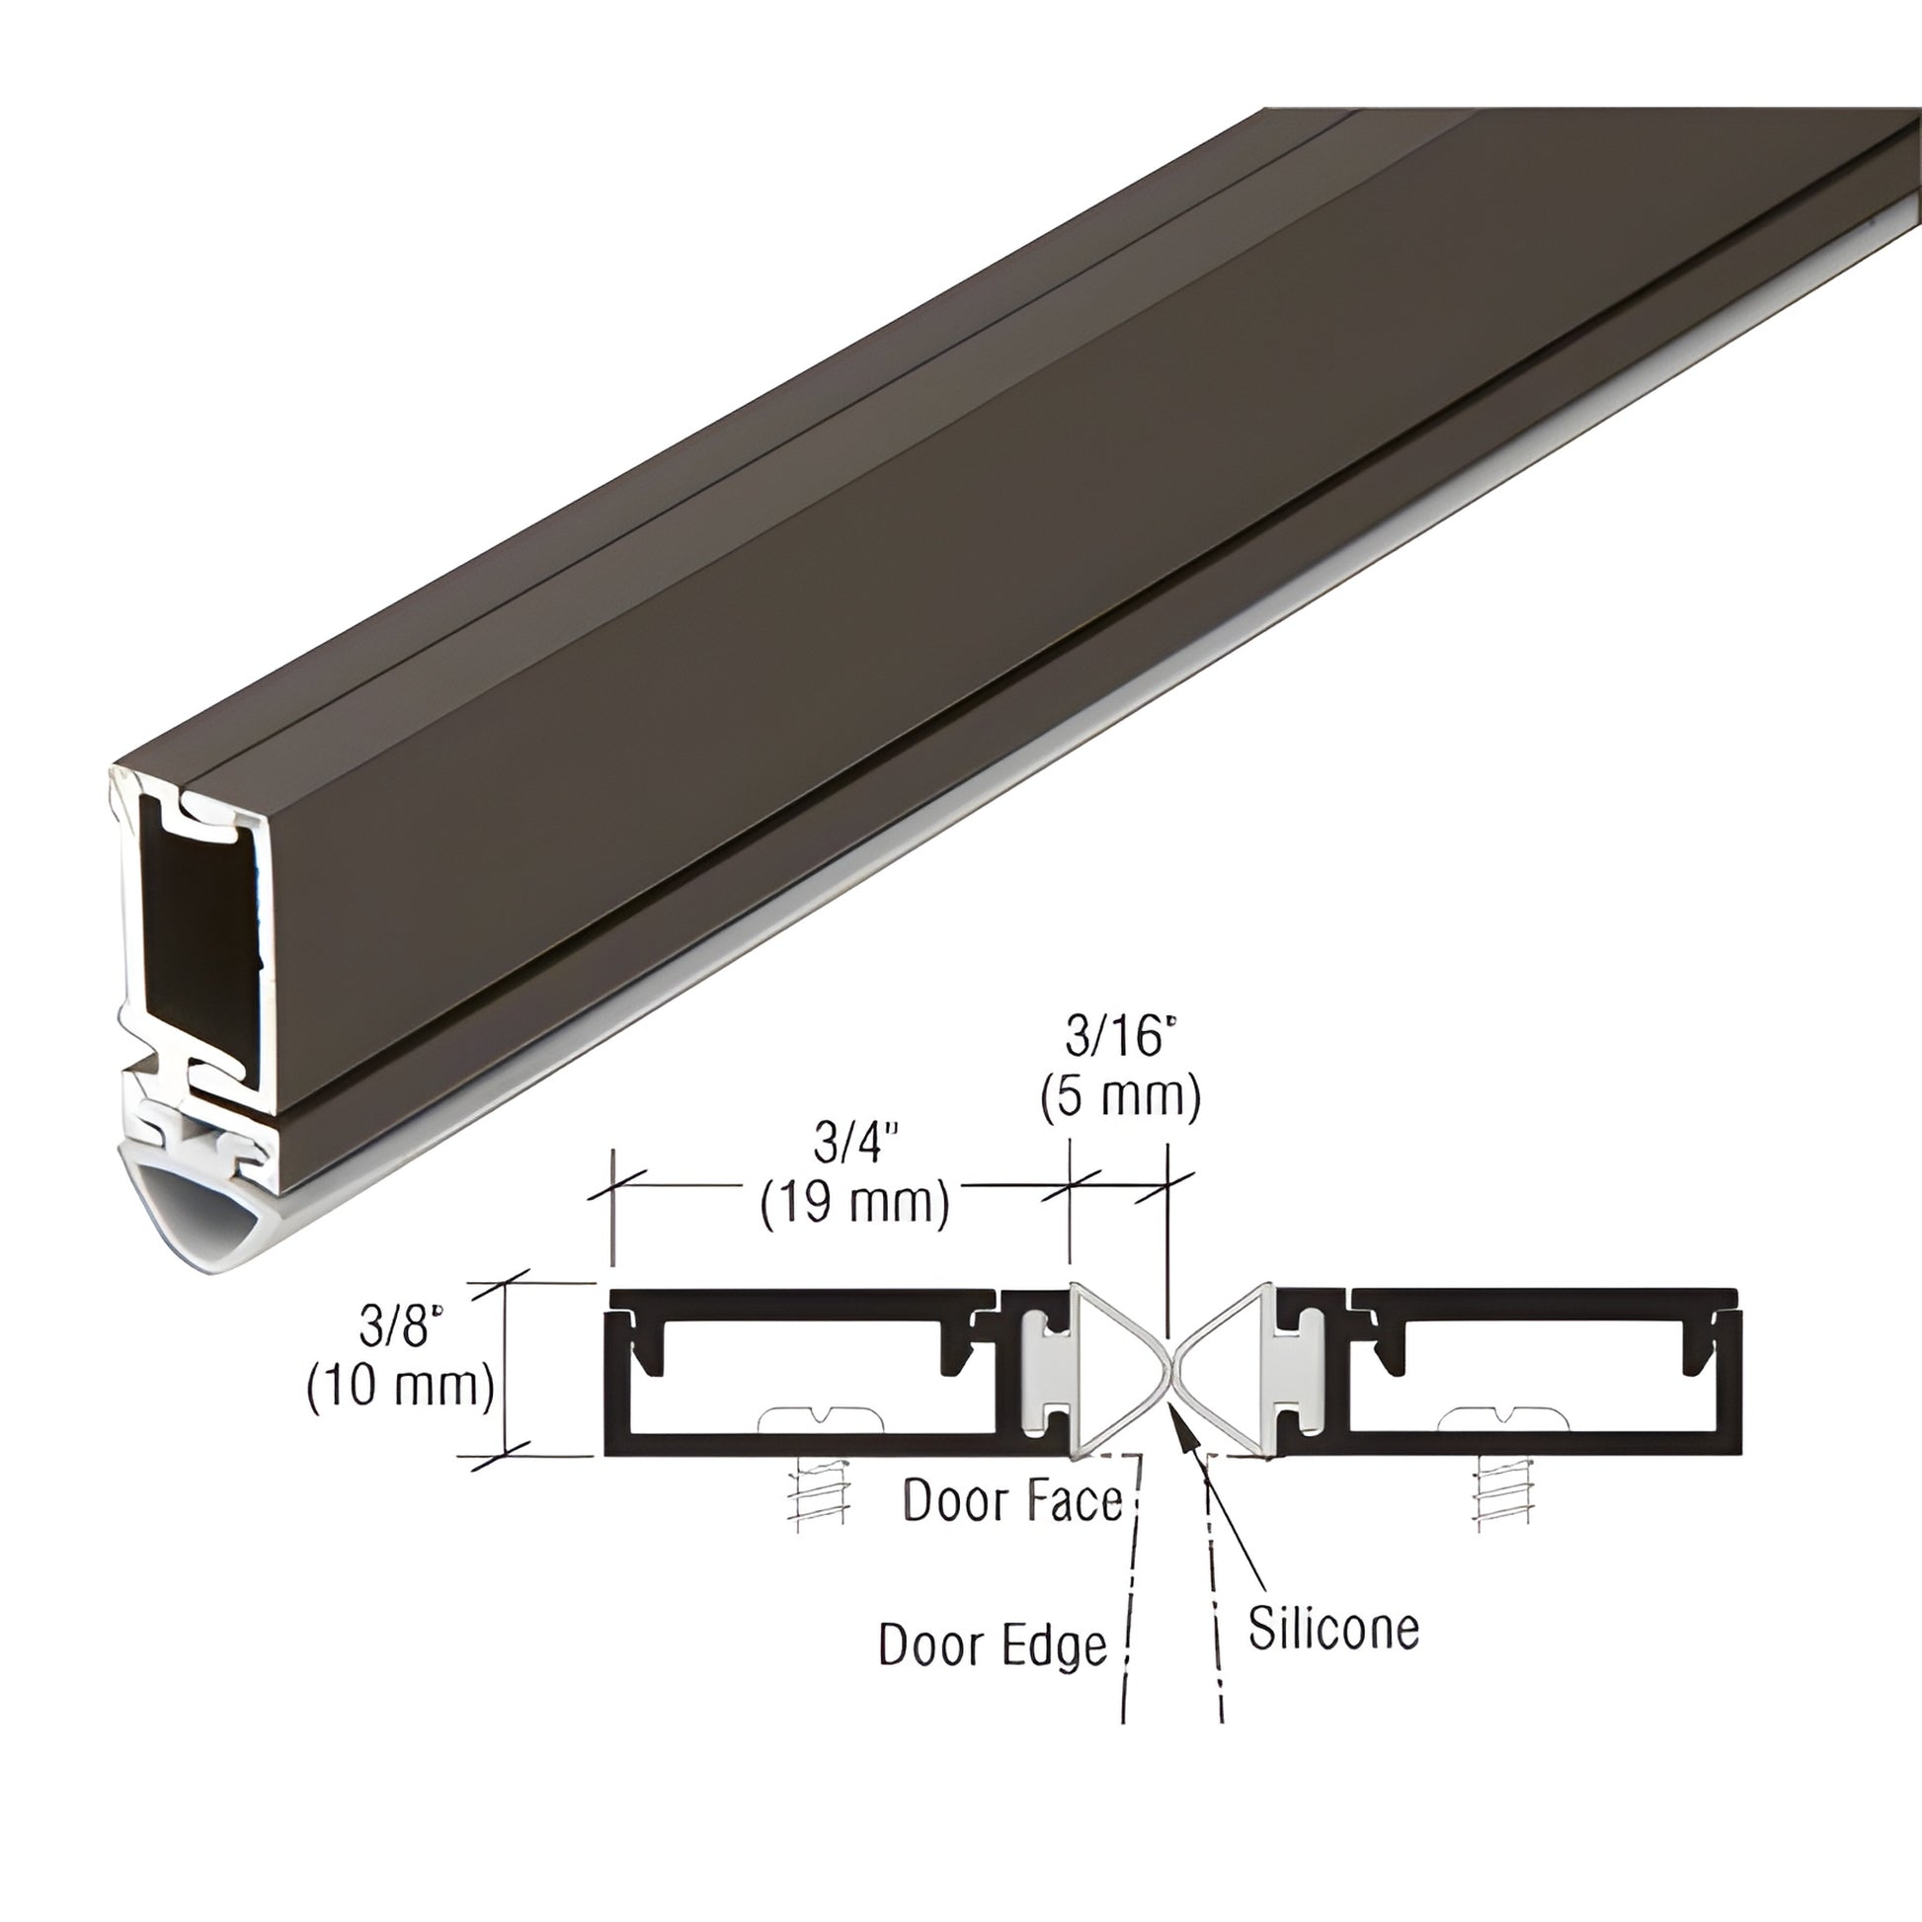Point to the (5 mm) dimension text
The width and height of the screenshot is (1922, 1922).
1121,1097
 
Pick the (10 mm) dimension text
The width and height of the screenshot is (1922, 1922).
401,1385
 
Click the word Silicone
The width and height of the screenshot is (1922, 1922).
1333,1629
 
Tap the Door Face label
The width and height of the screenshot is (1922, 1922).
1012,1501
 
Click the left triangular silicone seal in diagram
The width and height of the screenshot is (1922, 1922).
1114,1372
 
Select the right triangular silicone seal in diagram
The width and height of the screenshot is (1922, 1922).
1226,1372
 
